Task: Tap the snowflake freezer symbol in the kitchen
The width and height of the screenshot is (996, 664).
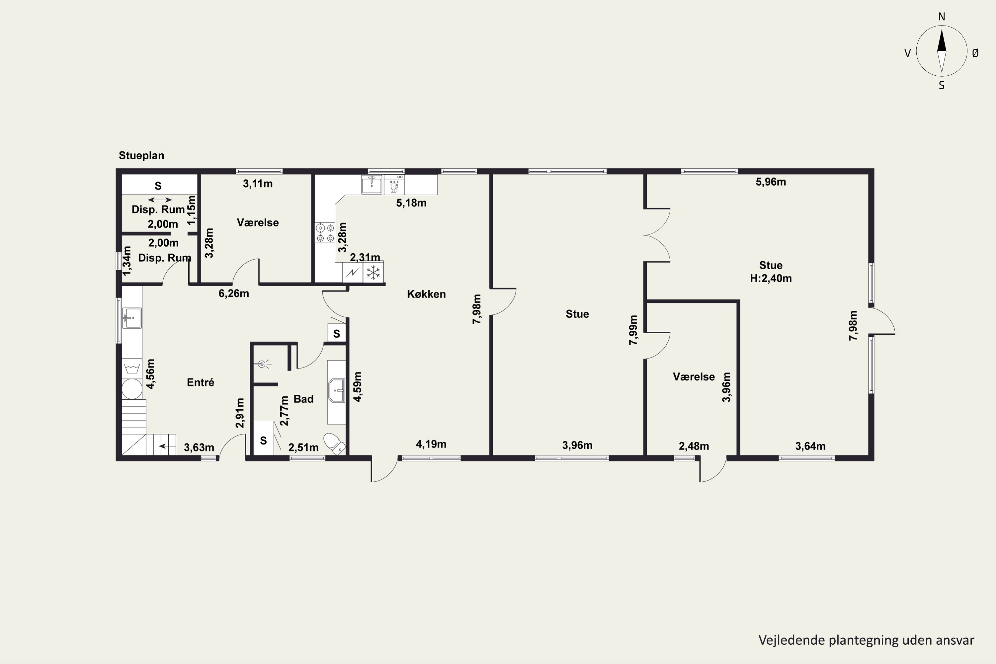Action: point(373,272)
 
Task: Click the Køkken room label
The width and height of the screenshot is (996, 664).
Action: point(426,294)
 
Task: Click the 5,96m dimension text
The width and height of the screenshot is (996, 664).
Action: point(771,182)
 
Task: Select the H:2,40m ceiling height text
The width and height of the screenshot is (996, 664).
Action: point(771,278)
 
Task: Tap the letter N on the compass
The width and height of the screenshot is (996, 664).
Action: point(941,17)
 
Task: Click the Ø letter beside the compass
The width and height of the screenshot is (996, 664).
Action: point(975,53)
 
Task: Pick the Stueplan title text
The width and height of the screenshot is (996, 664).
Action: point(141,155)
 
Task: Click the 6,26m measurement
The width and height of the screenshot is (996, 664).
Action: point(234,293)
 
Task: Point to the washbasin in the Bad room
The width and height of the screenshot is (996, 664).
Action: point(337,390)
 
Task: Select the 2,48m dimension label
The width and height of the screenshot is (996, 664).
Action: point(694,446)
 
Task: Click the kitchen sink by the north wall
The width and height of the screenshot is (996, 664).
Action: point(372,185)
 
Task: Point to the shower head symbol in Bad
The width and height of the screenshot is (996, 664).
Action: point(263,364)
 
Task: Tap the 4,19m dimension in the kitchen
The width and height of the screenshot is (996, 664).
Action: point(431,444)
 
